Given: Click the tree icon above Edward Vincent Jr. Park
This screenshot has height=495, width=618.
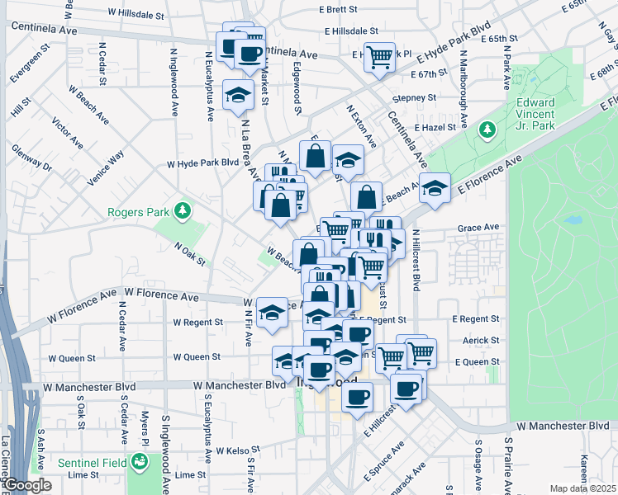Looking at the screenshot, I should tap(487, 130).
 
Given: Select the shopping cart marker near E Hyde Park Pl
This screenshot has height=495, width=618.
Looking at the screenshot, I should tap(379, 57).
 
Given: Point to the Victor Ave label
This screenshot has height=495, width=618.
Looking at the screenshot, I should tap(68, 133).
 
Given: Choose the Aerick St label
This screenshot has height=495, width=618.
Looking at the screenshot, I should tap(482, 340).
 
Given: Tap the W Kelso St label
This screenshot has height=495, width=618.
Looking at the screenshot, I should tap(238, 450).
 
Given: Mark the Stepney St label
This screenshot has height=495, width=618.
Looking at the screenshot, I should tap(414, 97).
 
